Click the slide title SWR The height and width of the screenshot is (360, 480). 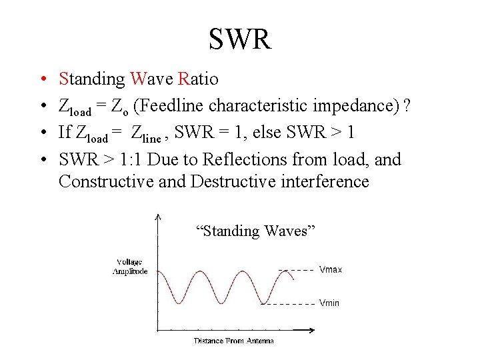point(240,39)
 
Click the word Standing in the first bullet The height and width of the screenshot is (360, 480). point(92,79)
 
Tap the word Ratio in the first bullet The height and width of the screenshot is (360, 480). point(198,79)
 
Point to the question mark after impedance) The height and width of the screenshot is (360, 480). point(407,105)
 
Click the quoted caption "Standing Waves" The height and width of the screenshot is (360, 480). point(255,231)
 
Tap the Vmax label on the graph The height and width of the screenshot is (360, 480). point(331,270)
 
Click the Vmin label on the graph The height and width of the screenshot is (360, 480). point(329,303)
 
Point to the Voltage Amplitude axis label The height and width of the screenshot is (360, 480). point(130,267)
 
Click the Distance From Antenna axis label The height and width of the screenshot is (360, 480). point(233,341)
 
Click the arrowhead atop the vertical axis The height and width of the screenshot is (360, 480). point(157,216)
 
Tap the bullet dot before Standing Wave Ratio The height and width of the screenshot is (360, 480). point(41,80)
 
